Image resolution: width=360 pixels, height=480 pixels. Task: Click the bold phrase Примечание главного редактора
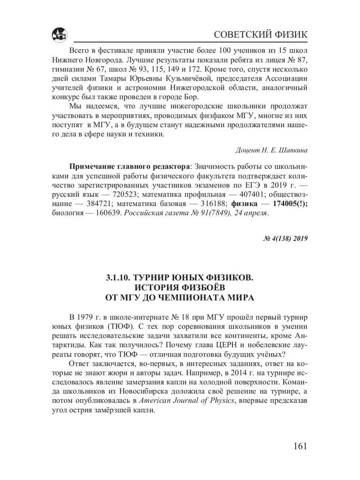(x=129, y=167)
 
